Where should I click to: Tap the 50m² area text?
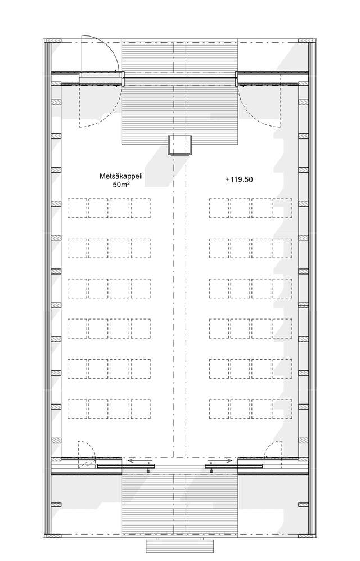point(121,185)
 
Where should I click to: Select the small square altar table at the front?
point(180,145)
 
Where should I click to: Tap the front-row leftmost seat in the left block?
point(77,208)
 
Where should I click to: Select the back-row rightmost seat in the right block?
point(282,409)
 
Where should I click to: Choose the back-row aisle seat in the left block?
point(140,409)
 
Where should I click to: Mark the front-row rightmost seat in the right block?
point(282,208)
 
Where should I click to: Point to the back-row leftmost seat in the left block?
point(77,409)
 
